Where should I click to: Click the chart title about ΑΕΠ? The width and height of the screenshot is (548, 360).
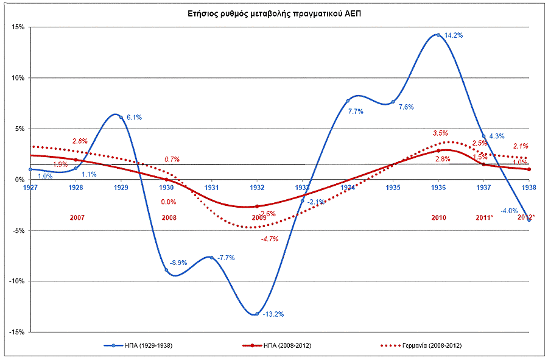click(x=274, y=13)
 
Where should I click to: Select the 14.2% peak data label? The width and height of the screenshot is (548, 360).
click(x=454, y=35)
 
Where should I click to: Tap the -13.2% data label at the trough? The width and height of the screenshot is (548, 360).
click(x=273, y=314)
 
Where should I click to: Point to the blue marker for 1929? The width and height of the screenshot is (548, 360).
click(x=121, y=117)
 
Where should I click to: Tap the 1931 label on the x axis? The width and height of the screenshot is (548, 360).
click(x=211, y=188)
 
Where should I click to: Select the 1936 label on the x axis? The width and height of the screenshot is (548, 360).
click(x=438, y=188)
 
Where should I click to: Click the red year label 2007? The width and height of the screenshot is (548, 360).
click(x=77, y=217)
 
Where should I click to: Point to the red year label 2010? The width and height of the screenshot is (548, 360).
click(x=439, y=217)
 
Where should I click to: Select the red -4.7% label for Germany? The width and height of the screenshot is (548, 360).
click(x=269, y=239)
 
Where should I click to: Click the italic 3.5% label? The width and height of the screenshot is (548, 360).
click(x=440, y=133)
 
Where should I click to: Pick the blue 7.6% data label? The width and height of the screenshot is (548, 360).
click(x=406, y=107)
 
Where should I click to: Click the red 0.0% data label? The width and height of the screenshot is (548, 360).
click(x=169, y=202)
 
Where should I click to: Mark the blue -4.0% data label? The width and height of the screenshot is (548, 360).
click(x=509, y=211)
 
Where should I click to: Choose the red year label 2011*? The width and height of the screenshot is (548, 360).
click(x=483, y=217)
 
